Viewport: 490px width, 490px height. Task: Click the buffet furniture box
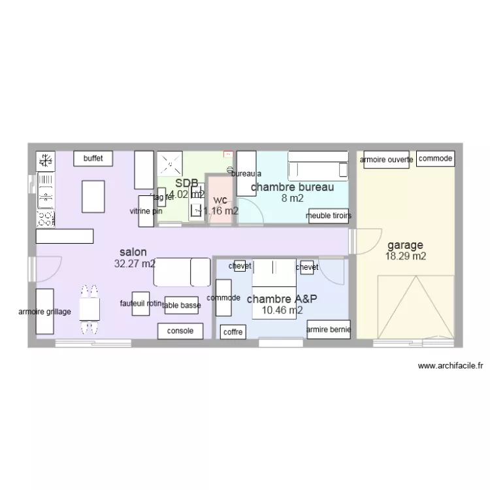click(x=93, y=158)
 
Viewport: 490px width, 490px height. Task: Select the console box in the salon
click(x=180, y=331)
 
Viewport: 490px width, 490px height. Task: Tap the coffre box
click(x=233, y=333)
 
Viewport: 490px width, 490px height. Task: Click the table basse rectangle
click(x=181, y=304)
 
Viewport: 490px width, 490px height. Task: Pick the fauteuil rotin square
click(x=140, y=303)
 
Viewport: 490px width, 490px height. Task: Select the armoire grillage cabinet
click(x=44, y=312)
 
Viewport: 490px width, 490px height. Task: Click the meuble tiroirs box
click(x=329, y=216)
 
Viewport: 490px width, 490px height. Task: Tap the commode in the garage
click(x=435, y=159)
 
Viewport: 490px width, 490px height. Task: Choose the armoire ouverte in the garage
click(x=385, y=159)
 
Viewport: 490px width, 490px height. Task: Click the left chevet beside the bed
click(x=240, y=266)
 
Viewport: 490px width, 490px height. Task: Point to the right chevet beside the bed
click(x=306, y=267)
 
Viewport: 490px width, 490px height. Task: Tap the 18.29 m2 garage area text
click(x=405, y=257)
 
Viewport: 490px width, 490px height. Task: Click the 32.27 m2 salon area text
click(x=135, y=264)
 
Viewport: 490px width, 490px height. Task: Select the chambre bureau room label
click(x=293, y=187)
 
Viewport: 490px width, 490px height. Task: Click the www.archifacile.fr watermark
click(x=449, y=367)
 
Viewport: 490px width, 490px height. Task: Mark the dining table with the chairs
click(x=90, y=310)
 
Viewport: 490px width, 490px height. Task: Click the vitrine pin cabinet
click(x=145, y=211)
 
